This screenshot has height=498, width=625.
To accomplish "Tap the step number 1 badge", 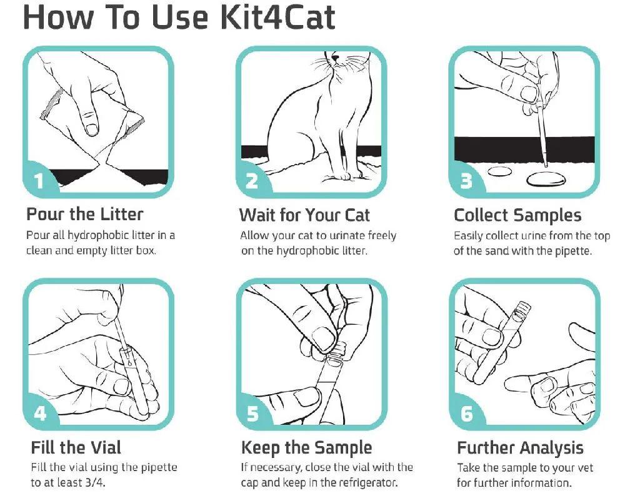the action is pyautogui.click(x=39, y=180).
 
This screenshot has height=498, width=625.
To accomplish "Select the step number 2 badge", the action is pyautogui.click(x=252, y=180).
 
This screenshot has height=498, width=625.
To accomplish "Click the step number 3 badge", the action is pyautogui.click(x=466, y=180).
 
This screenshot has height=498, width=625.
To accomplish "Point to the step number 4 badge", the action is pyautogui.click(x=40, y=413).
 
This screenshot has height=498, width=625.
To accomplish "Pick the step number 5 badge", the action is pyautogui.click(x=252, y=414).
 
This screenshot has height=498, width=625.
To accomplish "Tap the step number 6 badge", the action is pyautogui.click(x=466, y=414).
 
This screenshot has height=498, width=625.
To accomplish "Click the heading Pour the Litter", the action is pyautogui.click(x=84, y=215).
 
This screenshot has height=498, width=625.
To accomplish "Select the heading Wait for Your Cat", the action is pyautogui.click(x=304, y=215).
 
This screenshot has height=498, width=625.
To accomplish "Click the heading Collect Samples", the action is pyautogui.click(x=517, y=215).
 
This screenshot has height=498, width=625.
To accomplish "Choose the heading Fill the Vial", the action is pyautogui.click(x=76, y=447).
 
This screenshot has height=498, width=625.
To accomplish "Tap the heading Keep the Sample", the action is pyautogui.click(x=306, y=448).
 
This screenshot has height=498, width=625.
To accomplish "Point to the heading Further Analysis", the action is pyautogui.click(x=520, y=448).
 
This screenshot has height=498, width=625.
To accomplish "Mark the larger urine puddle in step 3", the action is pyautogui.click(x=546, y=179).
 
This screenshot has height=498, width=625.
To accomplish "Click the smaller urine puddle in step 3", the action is pyautogui.click(x=499, y=171).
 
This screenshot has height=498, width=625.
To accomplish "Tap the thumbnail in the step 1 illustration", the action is pyautogui.click(x=92, y=128).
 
